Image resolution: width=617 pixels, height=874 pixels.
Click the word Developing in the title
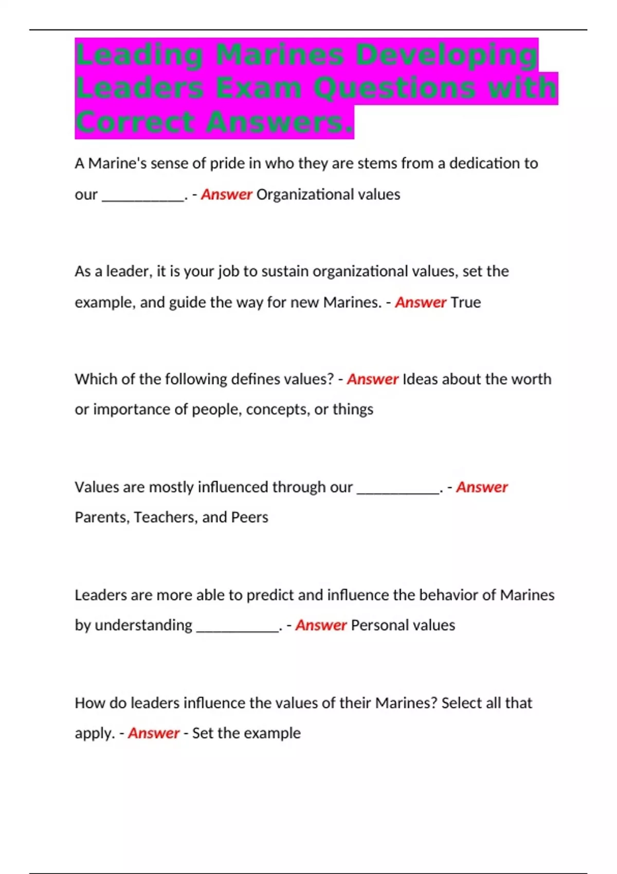pos(446,54)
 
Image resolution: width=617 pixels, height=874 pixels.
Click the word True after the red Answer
pos(465,302)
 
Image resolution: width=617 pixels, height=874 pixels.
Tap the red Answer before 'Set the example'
pos(154,733)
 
